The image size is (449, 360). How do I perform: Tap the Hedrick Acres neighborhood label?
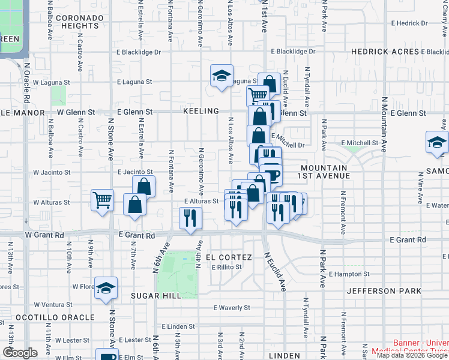[385, 52]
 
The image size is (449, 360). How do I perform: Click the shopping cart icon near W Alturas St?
[102, 200]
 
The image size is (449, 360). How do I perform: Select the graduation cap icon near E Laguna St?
[221, 76]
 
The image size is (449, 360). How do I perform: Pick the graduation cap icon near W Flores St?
[106, 288]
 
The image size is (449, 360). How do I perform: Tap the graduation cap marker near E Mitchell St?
[436, 142]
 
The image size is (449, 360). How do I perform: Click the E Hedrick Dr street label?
[408, 23]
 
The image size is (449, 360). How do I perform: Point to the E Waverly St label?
[232, 308]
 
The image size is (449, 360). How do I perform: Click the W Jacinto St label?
[52, 172]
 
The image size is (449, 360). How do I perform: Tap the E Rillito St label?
[230, 266]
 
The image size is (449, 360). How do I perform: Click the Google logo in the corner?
[19, 353]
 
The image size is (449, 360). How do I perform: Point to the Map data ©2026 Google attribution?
[412, 355]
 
